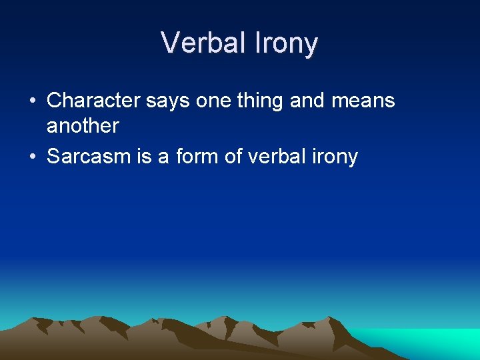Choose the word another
tap(83, 125)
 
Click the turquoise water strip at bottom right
tap(433, 341)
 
